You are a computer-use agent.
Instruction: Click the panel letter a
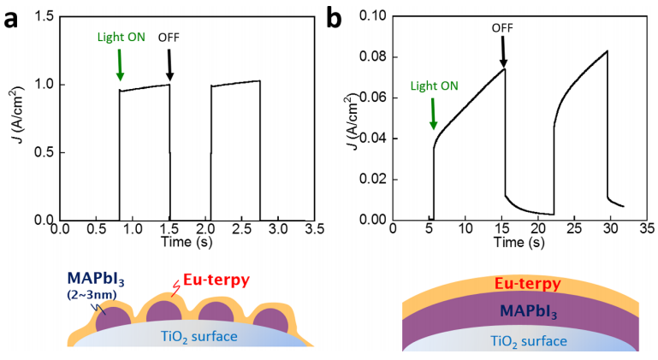(12, 18)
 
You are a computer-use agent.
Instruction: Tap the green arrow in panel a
(120, 65)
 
